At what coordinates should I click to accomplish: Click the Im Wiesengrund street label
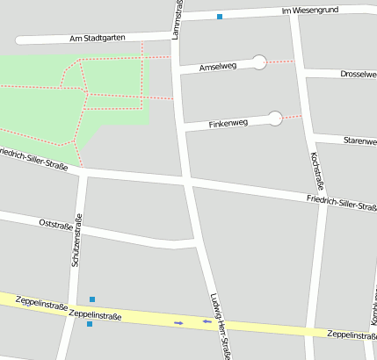(x=309, y=11)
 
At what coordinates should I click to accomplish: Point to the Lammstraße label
(x=178, y=18)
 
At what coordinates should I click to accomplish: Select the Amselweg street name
(x=218, y=66)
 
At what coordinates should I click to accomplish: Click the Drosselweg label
(x=358, y=75)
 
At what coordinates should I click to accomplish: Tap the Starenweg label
(x=359, y=140)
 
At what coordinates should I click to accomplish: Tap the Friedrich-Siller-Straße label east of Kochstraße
(x=342, y=204)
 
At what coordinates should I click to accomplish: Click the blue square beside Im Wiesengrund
(x=220, y=16)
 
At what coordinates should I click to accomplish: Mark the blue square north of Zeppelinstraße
(x=92, y=299)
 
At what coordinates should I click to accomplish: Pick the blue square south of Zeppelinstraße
(x=90, y=324)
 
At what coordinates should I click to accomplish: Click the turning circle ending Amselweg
(x=259, y=61)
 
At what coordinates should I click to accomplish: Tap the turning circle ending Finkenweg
(x=275, y=118)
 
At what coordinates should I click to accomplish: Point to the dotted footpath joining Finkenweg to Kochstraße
(x=294, y=117)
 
